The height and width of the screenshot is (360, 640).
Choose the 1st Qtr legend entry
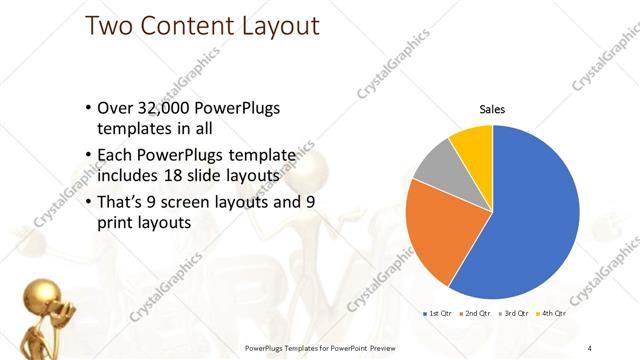pos(438,313)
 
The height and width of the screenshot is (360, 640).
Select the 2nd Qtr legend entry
pos(474,313)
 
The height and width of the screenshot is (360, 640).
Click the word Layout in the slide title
pos(273,27)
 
